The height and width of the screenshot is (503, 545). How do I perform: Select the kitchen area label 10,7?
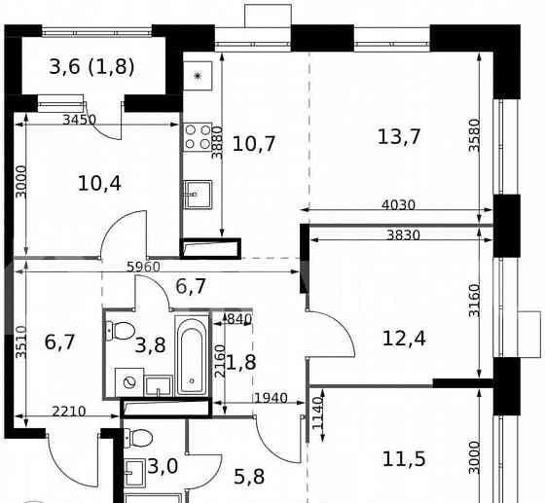click(255, 144)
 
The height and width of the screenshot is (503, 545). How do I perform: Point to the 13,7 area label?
click(399, 136)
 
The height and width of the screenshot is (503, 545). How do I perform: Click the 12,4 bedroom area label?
click(405, 339)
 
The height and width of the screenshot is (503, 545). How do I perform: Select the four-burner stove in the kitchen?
click(199, 139)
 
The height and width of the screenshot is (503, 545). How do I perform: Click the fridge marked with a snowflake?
click(199, 75)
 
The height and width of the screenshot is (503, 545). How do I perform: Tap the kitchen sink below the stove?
click(199, 195)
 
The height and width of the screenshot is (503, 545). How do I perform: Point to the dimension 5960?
click(142, 266)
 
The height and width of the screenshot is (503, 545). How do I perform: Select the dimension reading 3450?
click(79, 120)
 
